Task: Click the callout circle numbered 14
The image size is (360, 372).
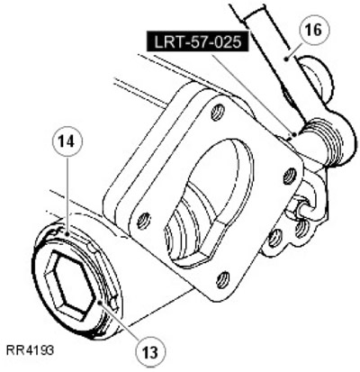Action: pos(67,142)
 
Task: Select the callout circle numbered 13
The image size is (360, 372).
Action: pos(150,351)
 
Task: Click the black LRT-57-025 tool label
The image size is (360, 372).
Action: pos(198,41)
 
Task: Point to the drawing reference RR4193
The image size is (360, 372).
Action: pos(30,350)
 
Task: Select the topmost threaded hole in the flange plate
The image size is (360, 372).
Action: pos(219,112)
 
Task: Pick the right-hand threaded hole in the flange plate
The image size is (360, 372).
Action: pos(290,176)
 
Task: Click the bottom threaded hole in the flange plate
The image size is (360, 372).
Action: pos(222,280)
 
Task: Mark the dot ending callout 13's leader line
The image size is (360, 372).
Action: pos(100,303)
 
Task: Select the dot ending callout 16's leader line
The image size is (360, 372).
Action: pos(287,59)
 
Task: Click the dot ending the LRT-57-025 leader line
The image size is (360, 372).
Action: pos(295,134)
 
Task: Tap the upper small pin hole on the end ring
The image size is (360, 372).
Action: pos(91,247)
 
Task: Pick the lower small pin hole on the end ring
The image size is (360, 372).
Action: pos(113,303)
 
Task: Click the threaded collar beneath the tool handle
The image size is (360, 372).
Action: pos(326,141)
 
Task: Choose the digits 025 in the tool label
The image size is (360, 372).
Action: pos(227,41)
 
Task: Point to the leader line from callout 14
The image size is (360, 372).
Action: pos(67,195)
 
